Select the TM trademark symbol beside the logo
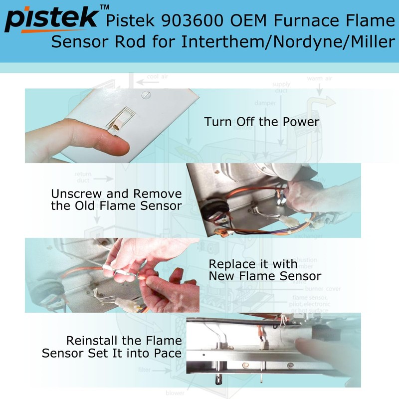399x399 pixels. click(104, 7)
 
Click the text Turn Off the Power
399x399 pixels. click(261, 122)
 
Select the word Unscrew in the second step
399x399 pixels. click(75, 194)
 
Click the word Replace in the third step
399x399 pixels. click(230, 264)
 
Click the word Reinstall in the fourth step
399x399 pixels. click(91, 341)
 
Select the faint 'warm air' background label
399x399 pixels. click(320, 78)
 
